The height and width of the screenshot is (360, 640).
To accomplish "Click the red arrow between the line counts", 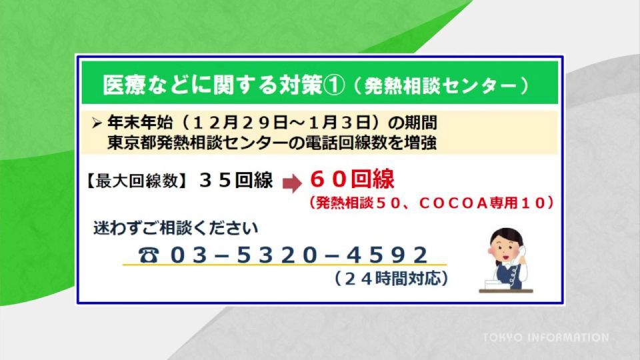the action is click(292, 183).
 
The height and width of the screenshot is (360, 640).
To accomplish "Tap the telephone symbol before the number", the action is click(148, 255).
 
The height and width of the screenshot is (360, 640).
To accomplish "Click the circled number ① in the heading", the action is click(333, 85).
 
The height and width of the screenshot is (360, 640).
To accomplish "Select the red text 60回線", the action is click(352, 179).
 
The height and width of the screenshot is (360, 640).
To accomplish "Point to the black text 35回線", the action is click(236, 180).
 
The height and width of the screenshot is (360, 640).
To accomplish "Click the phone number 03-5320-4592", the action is click(299, 255).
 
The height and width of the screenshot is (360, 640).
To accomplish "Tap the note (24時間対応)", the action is click(391, 279).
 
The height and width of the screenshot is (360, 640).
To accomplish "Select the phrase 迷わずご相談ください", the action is click(175, 228).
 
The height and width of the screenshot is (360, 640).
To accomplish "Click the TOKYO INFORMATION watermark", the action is click(545, 337).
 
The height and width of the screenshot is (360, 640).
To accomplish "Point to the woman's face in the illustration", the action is click(505, 249).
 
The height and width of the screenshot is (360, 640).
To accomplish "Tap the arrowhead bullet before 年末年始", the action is click(96, 123).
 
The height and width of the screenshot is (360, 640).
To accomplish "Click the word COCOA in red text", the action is click(453, 203).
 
